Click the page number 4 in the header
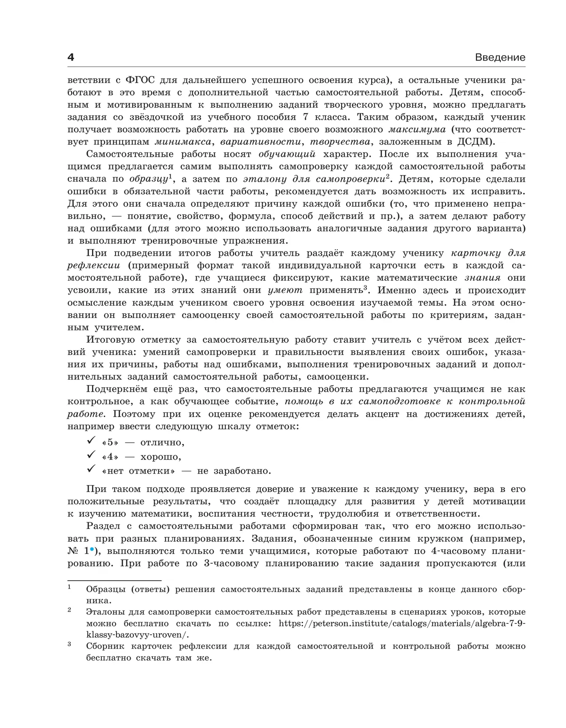pyautogui.click(x=71, y=58)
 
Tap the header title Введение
pyautogui.click(x=500, y=58)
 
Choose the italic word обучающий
pyautogui.click(x=287, y=154)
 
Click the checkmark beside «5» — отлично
pyautogui.click(x=91, y=441)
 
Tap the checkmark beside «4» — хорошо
pyautogui.click(x=91, y=455)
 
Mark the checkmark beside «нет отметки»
pyautogui.click(x=91, y=469)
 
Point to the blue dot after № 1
pyautogui.click(x=92, y=549)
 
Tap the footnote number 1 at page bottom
pyautogui.click(x=69, y=587)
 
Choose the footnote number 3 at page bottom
pyautogui.click(x=69, y=644)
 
